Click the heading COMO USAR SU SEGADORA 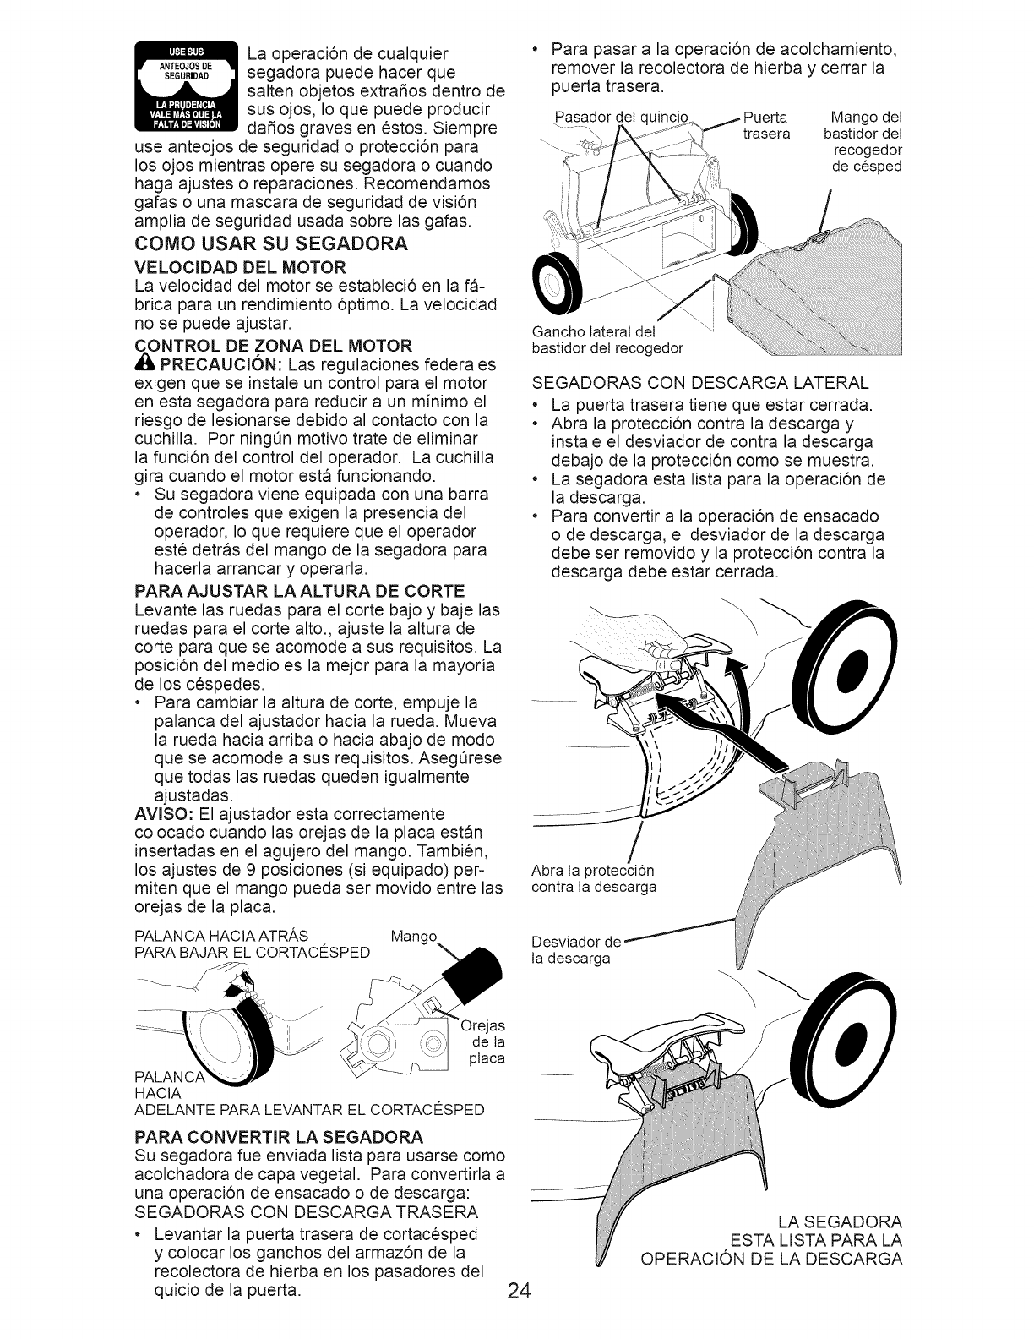(x=270, y=244)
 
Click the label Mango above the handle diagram (x=415, y=936)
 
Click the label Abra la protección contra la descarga (x=593, y=878)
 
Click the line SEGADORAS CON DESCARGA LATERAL (x=700, y=382)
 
